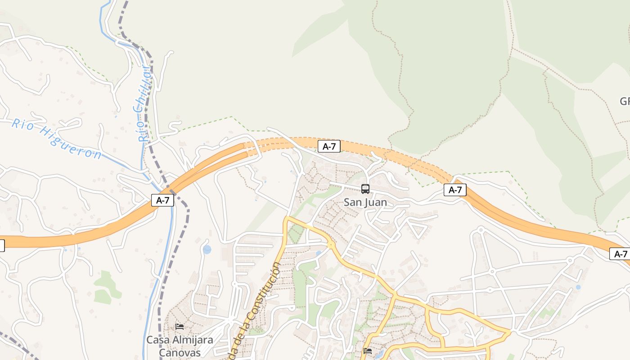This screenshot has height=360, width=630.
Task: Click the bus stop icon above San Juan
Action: [365, 189]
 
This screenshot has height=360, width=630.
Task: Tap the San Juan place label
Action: [365, 202]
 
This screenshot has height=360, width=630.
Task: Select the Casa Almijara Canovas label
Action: [179, 346]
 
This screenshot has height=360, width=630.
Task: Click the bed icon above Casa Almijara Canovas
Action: [180, 326]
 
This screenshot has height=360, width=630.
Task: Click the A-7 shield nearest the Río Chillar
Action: [162, 200]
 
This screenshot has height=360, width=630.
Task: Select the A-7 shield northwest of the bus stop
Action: [329, 146]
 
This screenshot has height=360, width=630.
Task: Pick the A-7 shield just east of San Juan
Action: [455, 190]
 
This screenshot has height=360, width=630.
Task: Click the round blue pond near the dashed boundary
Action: [207, 249]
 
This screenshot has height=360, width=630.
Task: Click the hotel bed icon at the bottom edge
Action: [368, 351]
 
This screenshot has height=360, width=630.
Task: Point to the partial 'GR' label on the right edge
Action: [625, 101]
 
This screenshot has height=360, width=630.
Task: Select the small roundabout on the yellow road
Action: [331, 245]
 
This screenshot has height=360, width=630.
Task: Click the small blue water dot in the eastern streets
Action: [578, 287]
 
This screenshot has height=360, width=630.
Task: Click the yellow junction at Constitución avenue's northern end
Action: [286, 219]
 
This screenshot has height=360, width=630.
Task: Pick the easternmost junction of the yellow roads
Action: [509, 333]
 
